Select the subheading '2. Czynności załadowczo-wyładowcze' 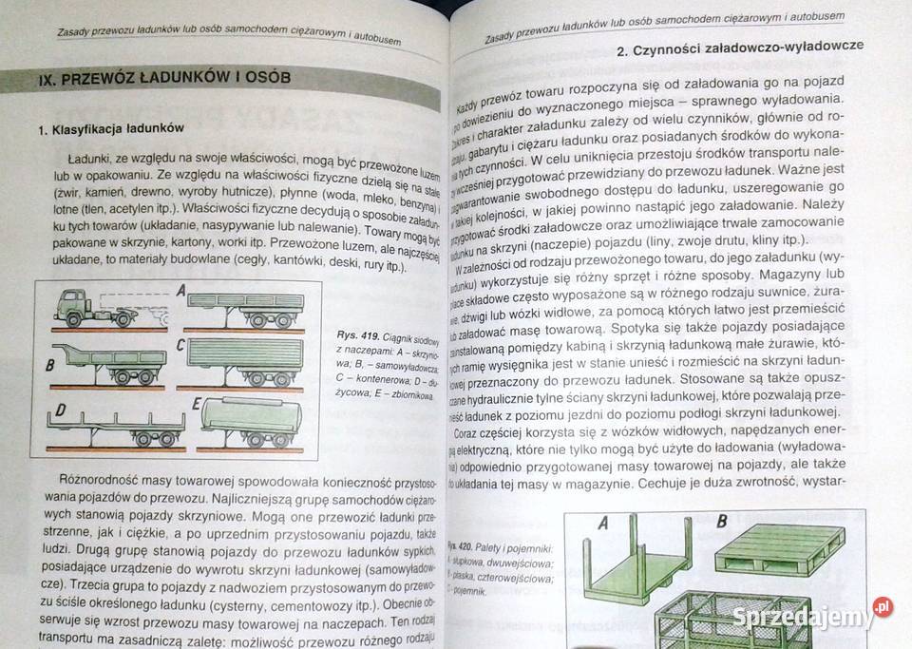click(740, 45)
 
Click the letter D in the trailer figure click(61, 411)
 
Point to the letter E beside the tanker click(197, 404)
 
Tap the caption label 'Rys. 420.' click(463, 549)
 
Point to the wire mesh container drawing click(731, 618)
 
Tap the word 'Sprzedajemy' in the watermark click(803, 617)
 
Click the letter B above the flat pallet click(721, 521)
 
